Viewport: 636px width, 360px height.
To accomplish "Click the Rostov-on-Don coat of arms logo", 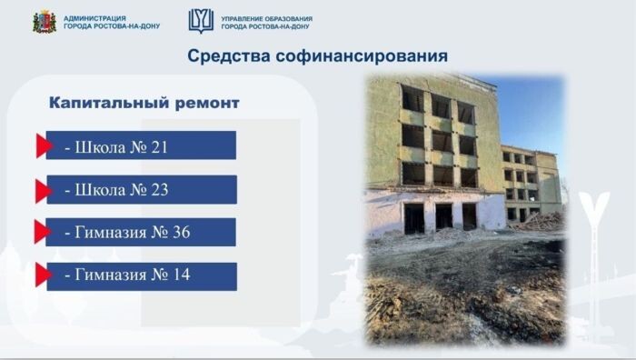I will [44, 21].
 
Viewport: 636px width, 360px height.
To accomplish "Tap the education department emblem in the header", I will [201, 21].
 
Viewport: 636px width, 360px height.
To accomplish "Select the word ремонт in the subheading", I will [205, 103].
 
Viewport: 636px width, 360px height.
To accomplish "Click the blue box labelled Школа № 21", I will [141, 145].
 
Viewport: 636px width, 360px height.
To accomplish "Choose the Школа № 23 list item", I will [141, 190].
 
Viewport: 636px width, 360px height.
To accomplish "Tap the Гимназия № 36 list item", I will [141, 233].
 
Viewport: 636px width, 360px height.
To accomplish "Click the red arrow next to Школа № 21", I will [43, 145].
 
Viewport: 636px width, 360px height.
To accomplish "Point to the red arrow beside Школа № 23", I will [43, 190].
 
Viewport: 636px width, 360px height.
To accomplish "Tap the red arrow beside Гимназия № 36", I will [43, 233].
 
